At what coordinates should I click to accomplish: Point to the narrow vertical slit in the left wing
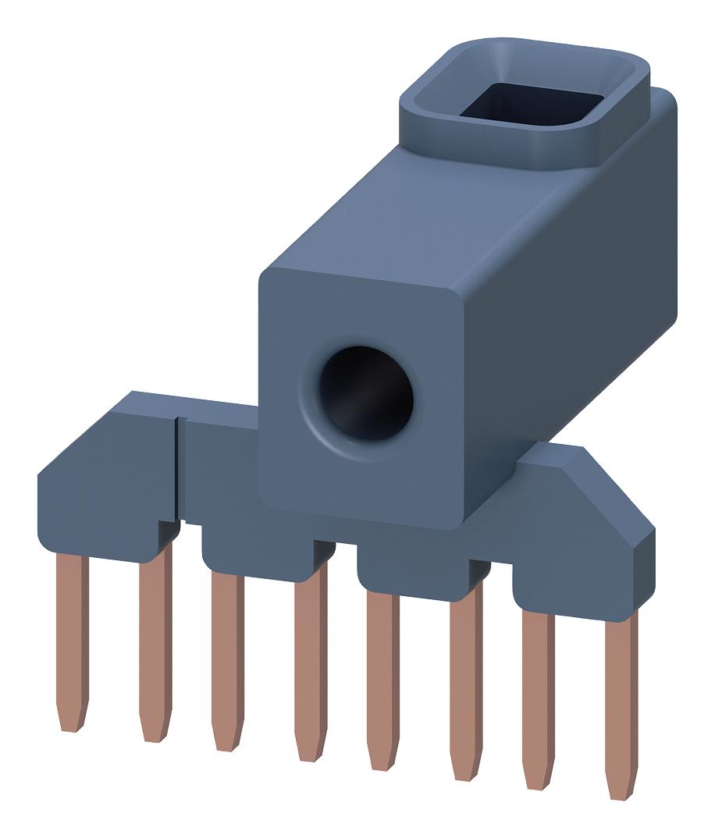(x=177, y=468)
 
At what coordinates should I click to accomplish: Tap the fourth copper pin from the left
(x=310, y=663)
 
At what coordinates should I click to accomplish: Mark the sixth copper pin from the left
(x=465, y=679)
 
